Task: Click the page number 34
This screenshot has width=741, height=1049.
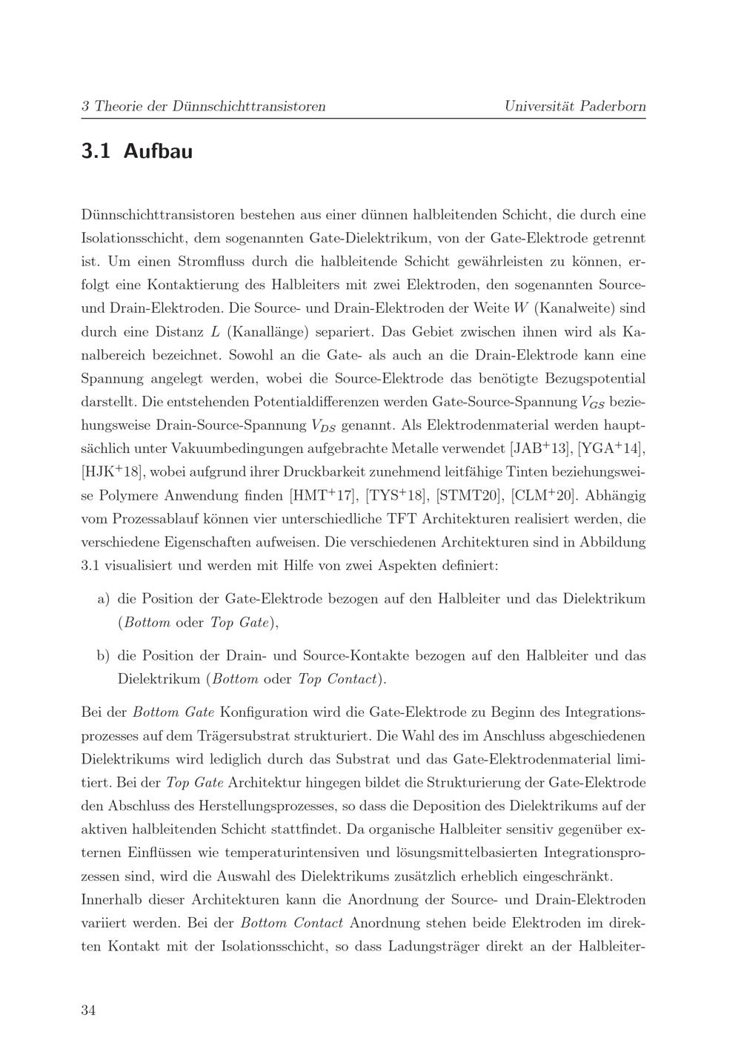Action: click(x=88, y=1010)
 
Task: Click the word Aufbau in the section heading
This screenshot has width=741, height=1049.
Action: click(x=158, y=151)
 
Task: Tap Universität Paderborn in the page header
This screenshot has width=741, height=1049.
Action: click(x=574, y=106)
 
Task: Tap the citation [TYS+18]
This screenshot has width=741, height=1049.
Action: click(x=396, y=494)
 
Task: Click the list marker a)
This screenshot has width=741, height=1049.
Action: click(x=103, y=598)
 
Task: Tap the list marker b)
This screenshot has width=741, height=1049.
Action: click(x=103, y=655)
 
